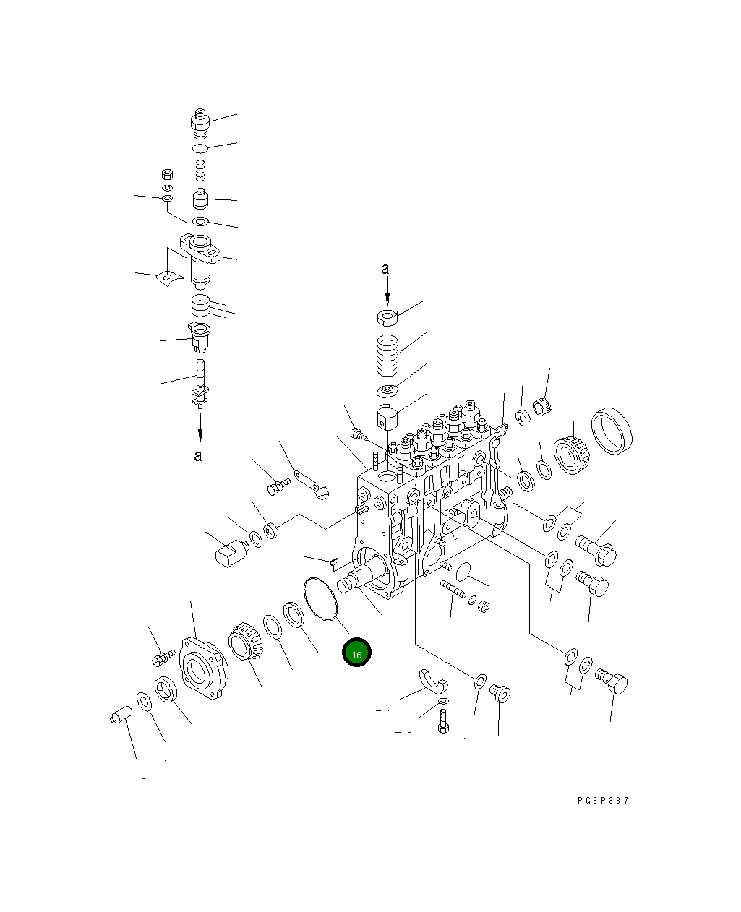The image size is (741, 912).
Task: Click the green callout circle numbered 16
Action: point(356,652)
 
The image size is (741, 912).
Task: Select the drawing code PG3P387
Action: point(603,800)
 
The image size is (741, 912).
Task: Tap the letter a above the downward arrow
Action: point(385,268)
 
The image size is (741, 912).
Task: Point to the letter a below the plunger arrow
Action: point(197,455)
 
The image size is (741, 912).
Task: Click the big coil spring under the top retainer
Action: point(387,356)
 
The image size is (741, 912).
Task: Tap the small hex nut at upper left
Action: point(168,174)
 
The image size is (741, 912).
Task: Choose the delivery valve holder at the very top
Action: point(200,124)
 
